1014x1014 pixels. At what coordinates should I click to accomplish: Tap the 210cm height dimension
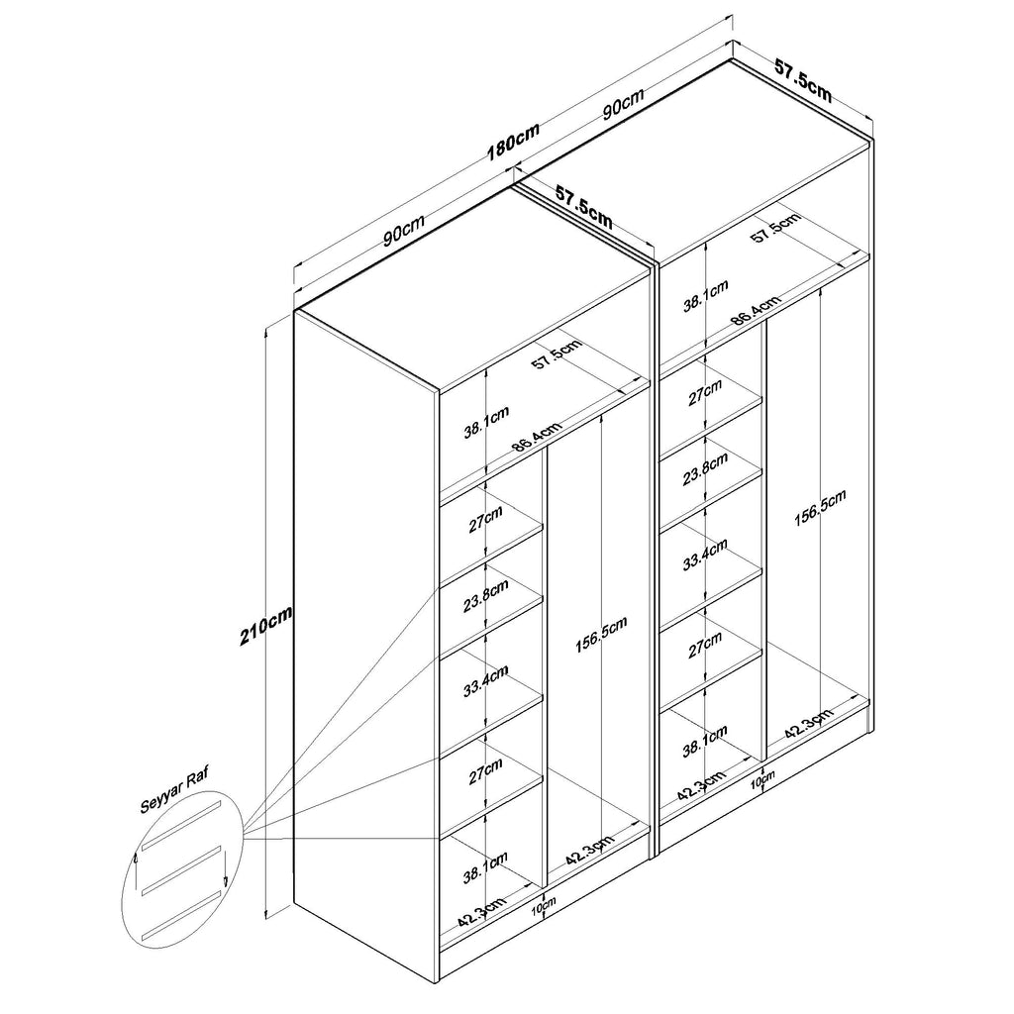[265, 625]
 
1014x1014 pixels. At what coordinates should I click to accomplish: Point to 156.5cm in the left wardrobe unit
[601, 635]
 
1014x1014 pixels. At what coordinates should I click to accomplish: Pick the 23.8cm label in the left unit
[486, 595]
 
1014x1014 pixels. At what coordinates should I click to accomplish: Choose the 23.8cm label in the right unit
[705, 468]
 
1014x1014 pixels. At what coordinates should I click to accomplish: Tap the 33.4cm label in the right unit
[705, 555]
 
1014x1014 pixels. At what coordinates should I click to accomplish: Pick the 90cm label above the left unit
[404, 230]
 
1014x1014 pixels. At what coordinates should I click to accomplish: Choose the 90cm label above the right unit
[623, 103]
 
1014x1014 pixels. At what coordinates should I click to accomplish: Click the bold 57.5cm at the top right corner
[803, 80]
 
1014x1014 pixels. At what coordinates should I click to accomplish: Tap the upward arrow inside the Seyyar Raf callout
[135, 868]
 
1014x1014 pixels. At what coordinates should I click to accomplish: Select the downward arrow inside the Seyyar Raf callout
[225, 867]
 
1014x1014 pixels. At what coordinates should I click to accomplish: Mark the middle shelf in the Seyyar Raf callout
[182, 870]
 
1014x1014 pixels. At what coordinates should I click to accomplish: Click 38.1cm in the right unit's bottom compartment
[705, 741]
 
